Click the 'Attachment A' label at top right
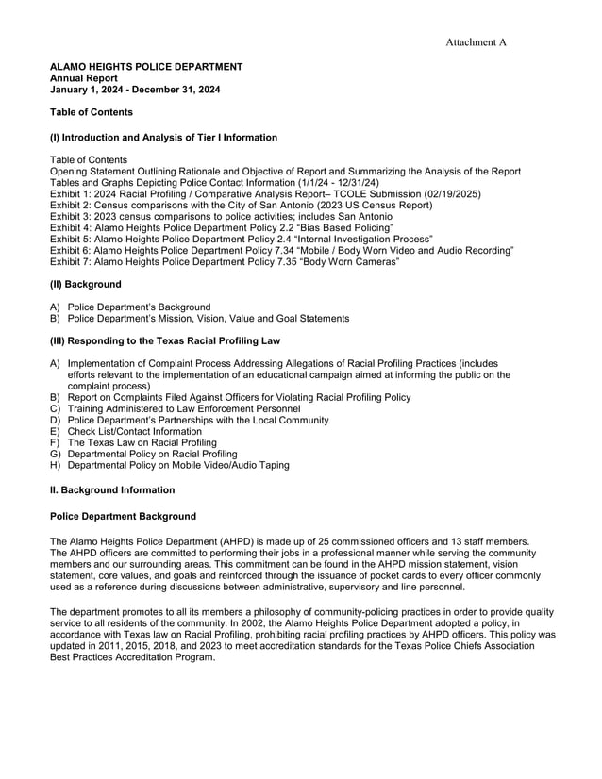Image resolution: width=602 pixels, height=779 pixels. [477, 42]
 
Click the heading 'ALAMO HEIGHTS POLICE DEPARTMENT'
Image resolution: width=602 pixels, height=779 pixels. [146, 67]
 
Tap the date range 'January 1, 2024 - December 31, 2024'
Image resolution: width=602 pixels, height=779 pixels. [135, 90]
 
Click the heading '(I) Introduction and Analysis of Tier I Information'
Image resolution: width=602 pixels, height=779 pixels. [163, 138]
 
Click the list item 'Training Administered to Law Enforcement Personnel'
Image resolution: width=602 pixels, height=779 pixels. [184, 409]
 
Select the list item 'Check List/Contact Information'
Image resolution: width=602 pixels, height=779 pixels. [135, 432]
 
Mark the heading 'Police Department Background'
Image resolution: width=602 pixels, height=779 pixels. [123, 517]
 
